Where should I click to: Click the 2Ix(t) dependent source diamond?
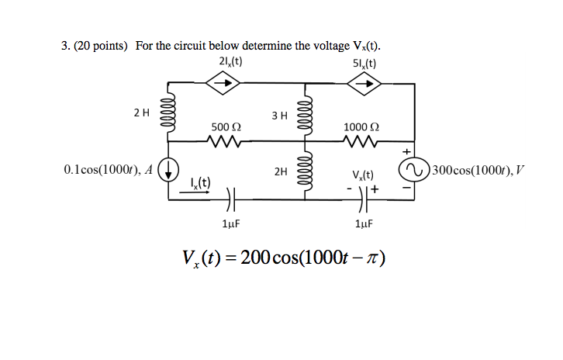pyautogui.click(x=222, y=83)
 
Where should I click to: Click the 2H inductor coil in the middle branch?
pyautogui.click(x=305, y=169)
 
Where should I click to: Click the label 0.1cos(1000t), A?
pyautogui.click(x=108, y=168)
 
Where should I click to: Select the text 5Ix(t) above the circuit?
pyautogui.click(x=361, y=62)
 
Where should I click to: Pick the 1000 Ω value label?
pyautogui.click(x=361, y=126)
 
